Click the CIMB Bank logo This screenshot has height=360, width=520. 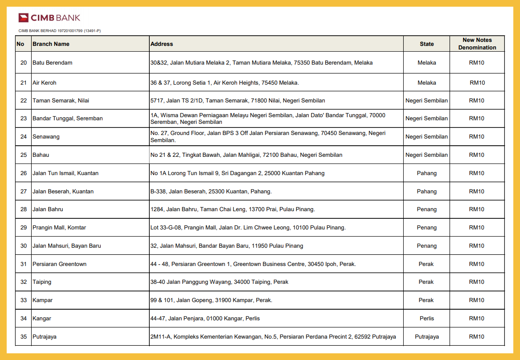tap(49, 18)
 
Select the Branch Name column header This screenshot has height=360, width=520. tap(51, 44)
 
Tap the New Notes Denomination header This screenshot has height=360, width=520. tap(477, 44)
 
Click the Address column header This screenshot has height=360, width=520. tap(162, 44)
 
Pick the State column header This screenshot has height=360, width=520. tap(426, 44)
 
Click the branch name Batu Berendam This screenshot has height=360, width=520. tap(52, 63)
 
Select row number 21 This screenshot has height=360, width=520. tap(24, 83)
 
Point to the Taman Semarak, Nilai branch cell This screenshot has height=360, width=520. tap(61, 101)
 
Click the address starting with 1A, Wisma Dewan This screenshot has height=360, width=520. tap(268, 119)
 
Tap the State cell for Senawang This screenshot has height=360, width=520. tap(426, 137)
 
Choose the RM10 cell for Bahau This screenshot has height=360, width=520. tap(476, 155)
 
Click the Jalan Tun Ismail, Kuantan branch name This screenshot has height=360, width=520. tap(66, 173)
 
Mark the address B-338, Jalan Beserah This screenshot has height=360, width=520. tap(211, 192)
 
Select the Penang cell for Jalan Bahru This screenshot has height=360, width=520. tap(426, 209)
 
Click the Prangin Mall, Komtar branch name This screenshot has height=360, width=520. tap(59, 228)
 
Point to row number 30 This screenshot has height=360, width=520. tap(24, 246)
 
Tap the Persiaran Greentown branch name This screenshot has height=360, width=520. tap(59, 264)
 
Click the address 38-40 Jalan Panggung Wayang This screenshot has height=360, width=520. tap(219, 282)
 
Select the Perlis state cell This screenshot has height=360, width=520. tap(426, 319)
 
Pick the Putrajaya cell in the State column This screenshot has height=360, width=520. tap(426, 337)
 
